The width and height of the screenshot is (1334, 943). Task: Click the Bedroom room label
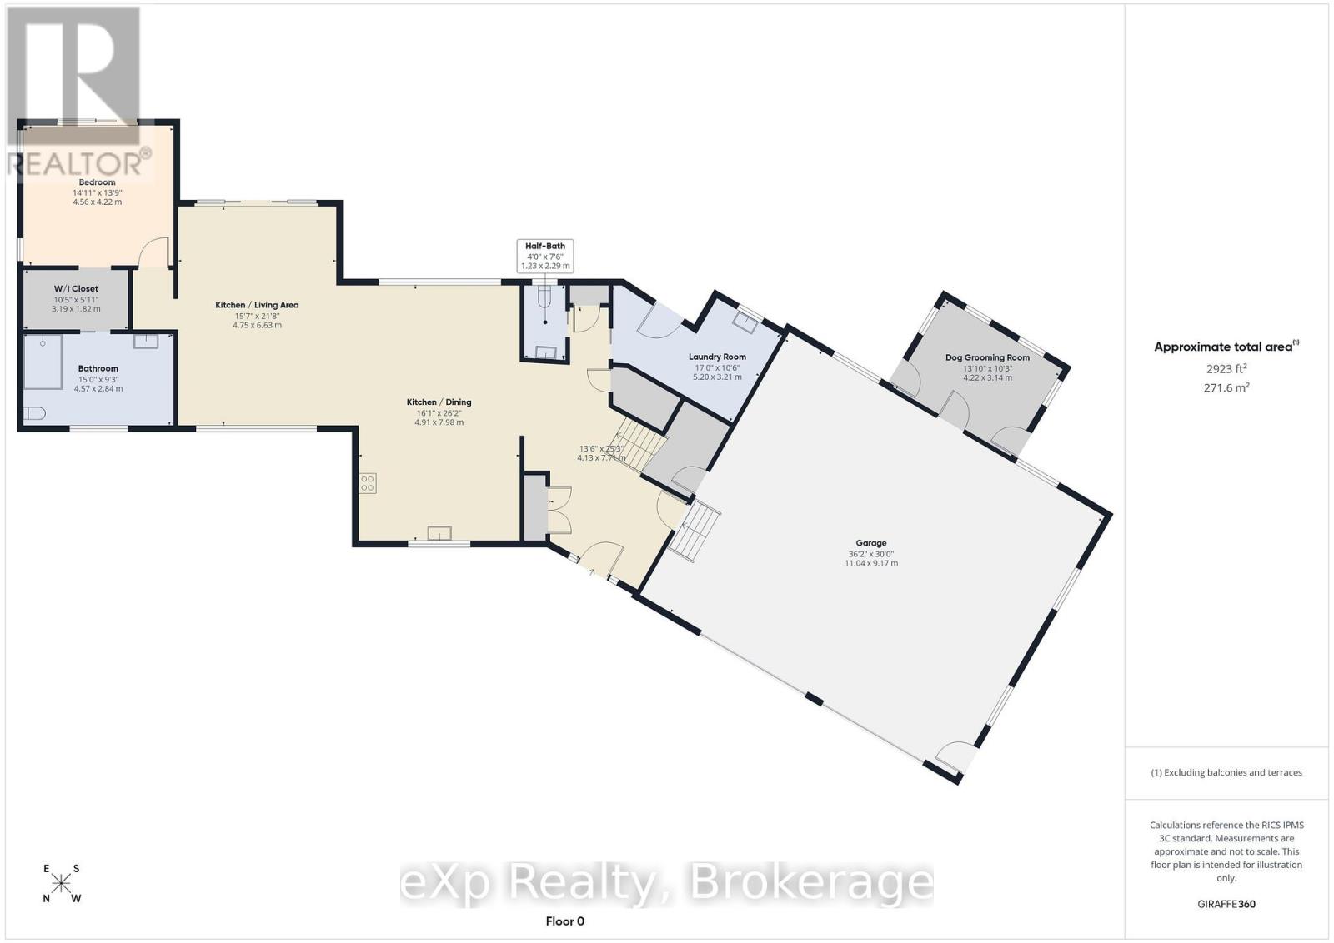tap(97, 182)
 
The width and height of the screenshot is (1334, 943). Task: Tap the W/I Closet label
tap(76, 289)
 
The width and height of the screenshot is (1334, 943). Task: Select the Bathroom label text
tap(98, 368)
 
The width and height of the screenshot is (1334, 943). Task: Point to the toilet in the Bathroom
tap(34, 413)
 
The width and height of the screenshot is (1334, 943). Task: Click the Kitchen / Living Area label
tap(257, 305)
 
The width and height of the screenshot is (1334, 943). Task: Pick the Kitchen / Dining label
tap(439, 402)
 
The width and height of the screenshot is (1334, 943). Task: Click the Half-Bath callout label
tap(545, 247)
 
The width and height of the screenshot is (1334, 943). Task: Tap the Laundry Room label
tap(717, 357)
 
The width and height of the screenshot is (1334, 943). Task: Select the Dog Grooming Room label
tap(987, 357)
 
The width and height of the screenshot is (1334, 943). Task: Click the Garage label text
tap(870, 543)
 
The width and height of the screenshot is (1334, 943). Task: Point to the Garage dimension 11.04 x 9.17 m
tap(870, 563)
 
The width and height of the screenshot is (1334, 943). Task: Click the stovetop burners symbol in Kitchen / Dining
tap(368, 482)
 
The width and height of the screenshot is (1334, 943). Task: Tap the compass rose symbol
tap(61, 884)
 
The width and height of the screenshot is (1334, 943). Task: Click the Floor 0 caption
tap(565, 921)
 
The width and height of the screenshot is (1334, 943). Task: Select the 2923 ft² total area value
tap(1226, 368)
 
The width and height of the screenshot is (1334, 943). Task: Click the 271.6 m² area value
tap(1226, 387)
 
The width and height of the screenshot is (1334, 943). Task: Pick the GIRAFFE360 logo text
tap(1226, 904)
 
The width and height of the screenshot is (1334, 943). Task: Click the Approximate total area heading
tap(1225, 347)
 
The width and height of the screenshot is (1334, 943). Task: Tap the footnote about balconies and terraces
tap(1226, 772)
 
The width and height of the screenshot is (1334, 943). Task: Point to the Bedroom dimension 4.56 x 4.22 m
tap(97, 202)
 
